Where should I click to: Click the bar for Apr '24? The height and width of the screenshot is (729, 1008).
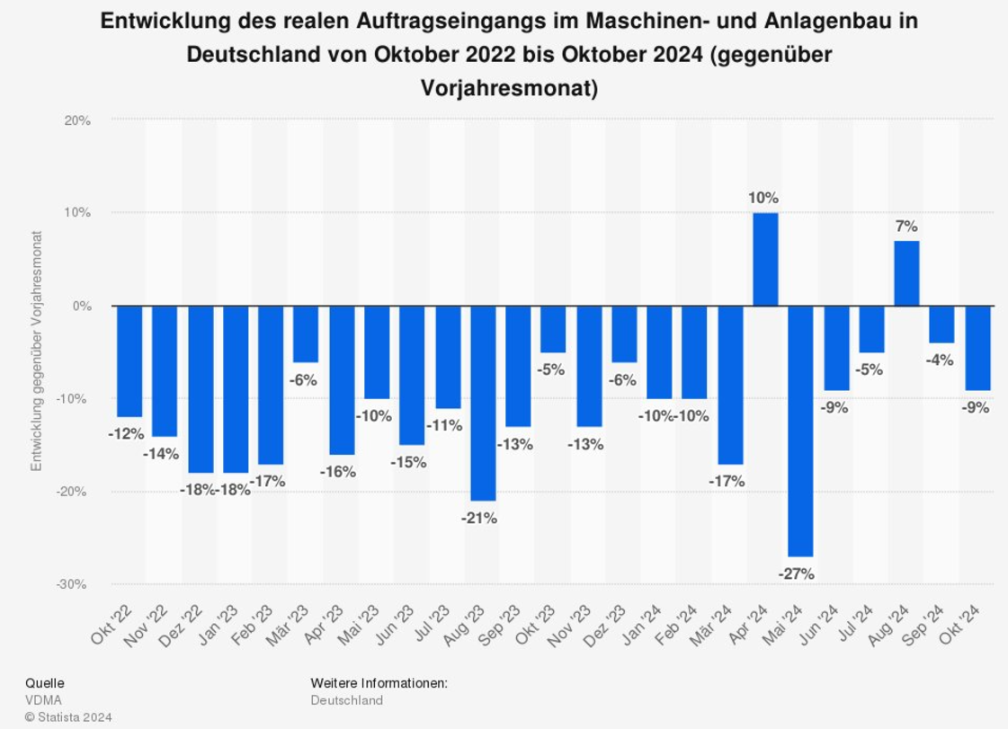pyautogui.click(x=765, y=259)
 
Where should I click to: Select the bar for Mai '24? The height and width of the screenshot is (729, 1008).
pyautogui.click(x=800, y=431)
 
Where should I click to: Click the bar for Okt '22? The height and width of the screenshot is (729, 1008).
pyautogui.click(x=129, y=361)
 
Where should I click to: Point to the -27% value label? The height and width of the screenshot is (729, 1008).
pyautogui.click(x=797, y=573)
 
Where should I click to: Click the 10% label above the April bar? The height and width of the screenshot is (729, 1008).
pyautogui.click(x=763, y=198)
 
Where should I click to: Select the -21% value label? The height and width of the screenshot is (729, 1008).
pyautogui.click(x=479, y=518)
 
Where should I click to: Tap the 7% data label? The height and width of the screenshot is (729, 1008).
pyautogui.click(x=905, y=227)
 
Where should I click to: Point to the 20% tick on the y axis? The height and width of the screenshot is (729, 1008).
pyautogui.click(x=76, y=120)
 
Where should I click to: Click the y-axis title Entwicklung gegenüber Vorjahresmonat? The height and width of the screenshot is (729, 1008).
pyautogui.click(x=37, y=351)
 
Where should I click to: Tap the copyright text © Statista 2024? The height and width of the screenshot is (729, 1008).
pyautogui.click(x=67, y=717)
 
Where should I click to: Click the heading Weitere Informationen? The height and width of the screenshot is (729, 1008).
pyautogui.click(x=379, y=683)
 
